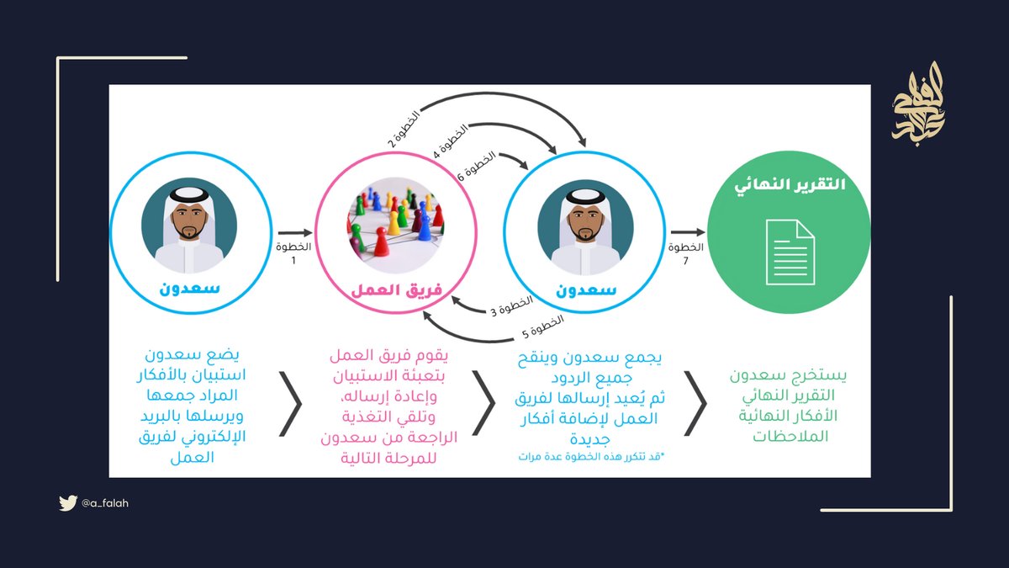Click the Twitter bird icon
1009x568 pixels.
point(68,503)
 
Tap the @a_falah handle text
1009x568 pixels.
point(105,503)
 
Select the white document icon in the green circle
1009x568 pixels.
point(790,251)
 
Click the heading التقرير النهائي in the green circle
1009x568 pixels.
point(790,185)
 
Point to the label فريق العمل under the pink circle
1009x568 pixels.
point(395,290)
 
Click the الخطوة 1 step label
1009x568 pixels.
point(293,254)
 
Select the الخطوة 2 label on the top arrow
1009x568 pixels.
point(404,127)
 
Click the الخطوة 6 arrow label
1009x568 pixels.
point(476,167)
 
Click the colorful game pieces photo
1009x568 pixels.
point(395,220)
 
